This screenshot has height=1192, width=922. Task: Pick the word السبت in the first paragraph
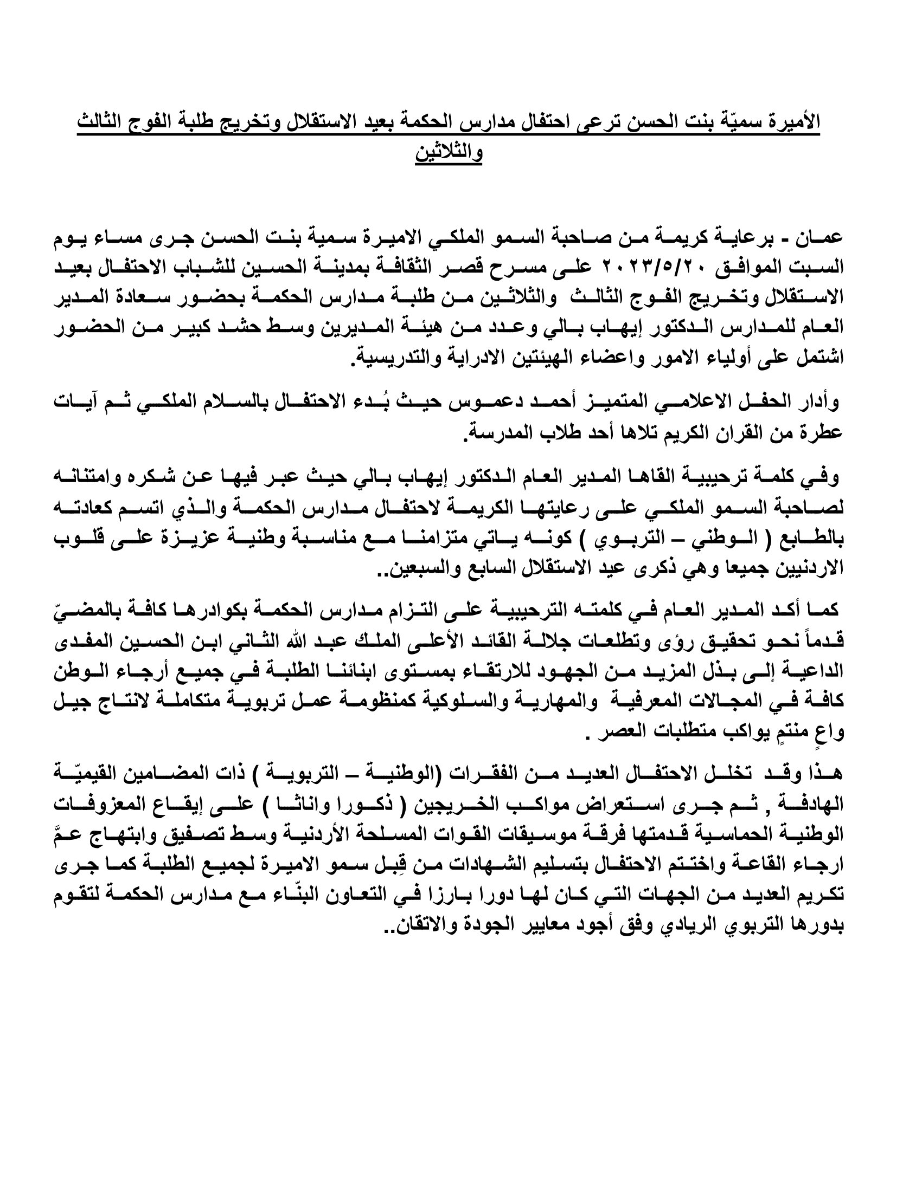pos(822,268)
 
